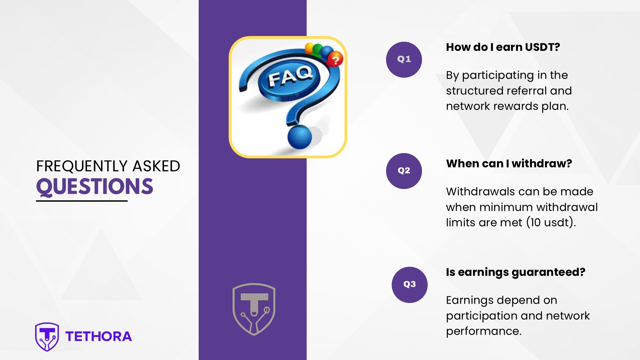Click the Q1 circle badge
tap(404, 60)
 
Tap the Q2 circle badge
tap(404, 171)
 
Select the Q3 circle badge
tap(410, 285)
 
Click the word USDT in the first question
tap(542, 47)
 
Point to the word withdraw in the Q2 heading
tap(542, 163)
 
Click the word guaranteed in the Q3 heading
tap(548, 272)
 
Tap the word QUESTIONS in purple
tap(95, 187)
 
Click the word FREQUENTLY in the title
tap(82, 166)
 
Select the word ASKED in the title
tap(156, 166)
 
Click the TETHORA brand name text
tap(99, 337)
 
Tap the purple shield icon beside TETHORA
tap(47, 337)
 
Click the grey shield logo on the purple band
tap(254, 309)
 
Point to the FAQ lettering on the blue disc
tap(290, 76)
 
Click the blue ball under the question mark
tap(300, 137)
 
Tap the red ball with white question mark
tap(335, 60)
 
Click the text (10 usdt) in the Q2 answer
tap(551, 223)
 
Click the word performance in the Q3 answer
tap(484, 331)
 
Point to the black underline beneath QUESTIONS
tap(82, 201)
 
